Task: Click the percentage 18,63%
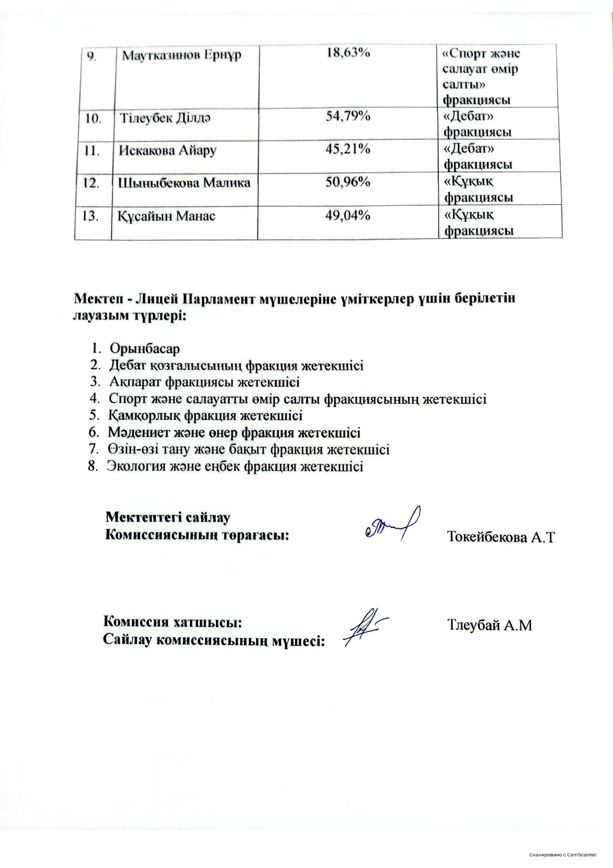pos(348,53)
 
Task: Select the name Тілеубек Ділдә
pos(166,119)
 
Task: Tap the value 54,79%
pos(348,117)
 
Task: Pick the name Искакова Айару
pos(167,150)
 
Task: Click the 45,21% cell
pos(348,149)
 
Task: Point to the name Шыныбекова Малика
pos(184,183)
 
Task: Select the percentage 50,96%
pos(348,182)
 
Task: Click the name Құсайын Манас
pos(167,216)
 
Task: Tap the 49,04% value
pos(348,215)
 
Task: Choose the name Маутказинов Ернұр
pos(181,54)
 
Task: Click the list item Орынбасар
pos(145,348)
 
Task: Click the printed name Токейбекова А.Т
pos(501,537)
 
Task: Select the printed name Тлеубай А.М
pos(489,625)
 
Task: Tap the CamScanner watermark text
pos(563,855)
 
